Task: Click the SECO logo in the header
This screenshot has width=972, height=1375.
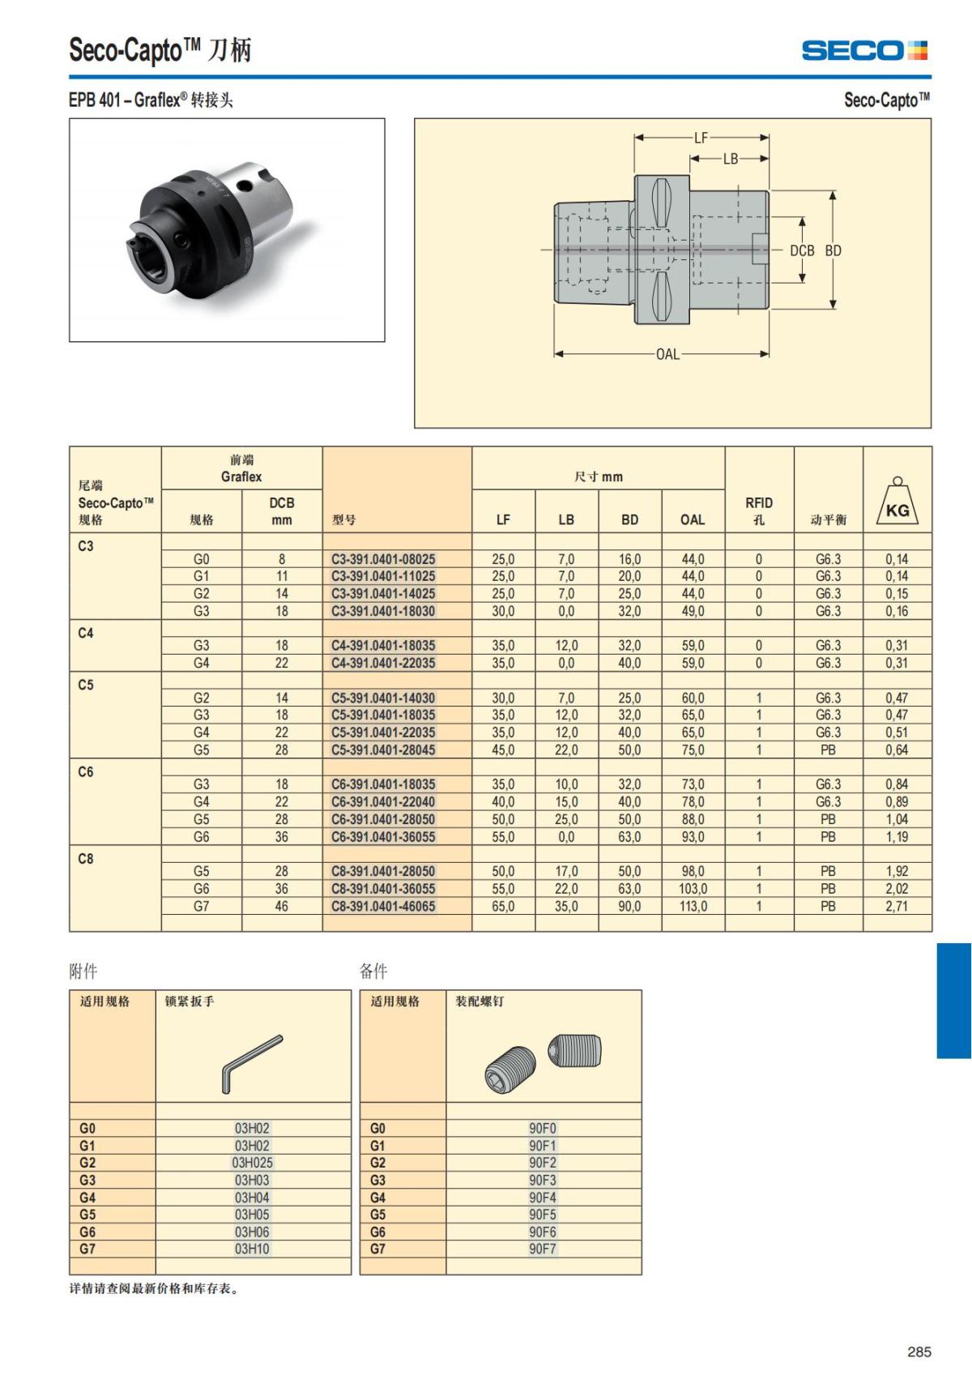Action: tap(864, 50)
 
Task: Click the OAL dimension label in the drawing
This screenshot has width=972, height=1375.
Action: tap(667, 355)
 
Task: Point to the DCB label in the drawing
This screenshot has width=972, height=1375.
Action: tap(802, 250)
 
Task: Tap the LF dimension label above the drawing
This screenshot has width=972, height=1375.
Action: tap(701, 138)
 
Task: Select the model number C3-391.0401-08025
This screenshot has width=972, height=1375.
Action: tap(383, 559)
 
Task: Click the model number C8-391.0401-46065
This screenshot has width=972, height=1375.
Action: tap(383, 906)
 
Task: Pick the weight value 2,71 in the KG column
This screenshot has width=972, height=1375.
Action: tap(897, 906)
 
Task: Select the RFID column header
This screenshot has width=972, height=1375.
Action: tap(758, 510)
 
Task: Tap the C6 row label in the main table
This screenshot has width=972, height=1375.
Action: tap(86, 772)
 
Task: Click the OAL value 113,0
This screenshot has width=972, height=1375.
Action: tap(693, 906)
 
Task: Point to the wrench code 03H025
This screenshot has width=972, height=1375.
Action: tap(252, 1163)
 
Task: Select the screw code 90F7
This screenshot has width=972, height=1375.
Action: tap(543, 1249)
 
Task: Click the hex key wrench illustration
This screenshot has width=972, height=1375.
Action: tap(252, 1062)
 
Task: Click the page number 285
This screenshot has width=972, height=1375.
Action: tap(919, 1352)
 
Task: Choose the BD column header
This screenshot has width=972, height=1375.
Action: tap(629, 520)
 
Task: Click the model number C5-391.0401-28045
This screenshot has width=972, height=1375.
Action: tap(383, 749)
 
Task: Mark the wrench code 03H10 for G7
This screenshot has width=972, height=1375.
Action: tap(252, 1249)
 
